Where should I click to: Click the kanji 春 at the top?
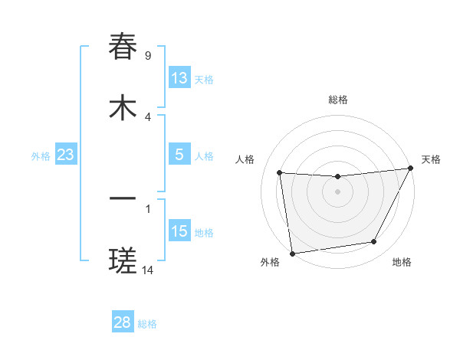tap(123, 47)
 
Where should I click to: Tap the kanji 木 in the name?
tap(123, 108)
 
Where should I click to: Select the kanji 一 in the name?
tap(123, 200)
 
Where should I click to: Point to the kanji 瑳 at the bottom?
tap(123, 261)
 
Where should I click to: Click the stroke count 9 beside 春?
tap(148, 55)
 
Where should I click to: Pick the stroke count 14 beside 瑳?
tap(149, 270)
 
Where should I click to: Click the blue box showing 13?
tap(179, 78)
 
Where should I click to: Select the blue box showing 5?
tap(179, 155)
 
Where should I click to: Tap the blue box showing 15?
tap(179, 231)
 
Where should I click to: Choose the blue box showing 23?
tap(65, 155)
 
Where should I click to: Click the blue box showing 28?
tap(123, 322)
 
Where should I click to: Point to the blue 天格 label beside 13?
tap(204, 79)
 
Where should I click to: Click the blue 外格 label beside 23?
tap(41, 155)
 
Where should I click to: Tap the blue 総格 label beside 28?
tap(147, 323)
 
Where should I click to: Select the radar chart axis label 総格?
tap(338, 100)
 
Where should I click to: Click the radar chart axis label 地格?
tap(402, 262)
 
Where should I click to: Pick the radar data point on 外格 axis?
tap(292, 253)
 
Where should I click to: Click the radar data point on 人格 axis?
tap(280, 173)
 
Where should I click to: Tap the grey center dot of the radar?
tap(337, 191)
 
